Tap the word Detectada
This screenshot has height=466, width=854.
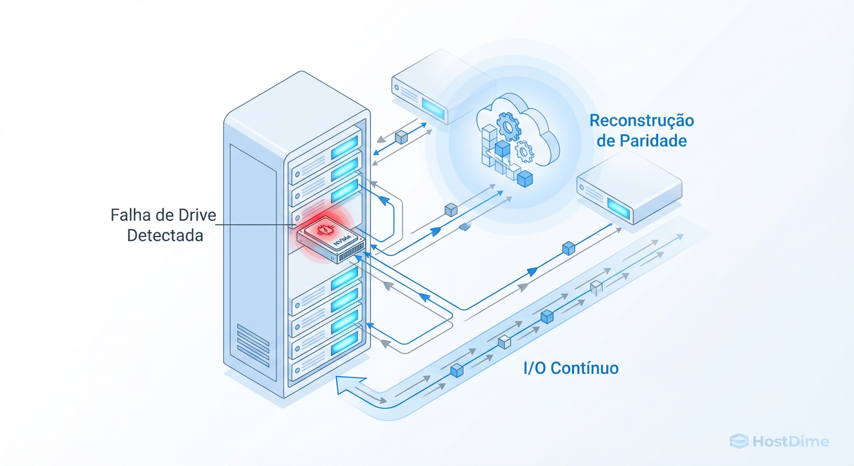pyautogui.click(x=165, y=236)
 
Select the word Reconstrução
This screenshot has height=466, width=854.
pyautogui.click(x=642, y=120)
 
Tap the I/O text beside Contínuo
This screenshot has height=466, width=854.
pyautogui.click(x=536, y=368)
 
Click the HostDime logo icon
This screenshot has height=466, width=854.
pyautogui.click(x=738, y=441)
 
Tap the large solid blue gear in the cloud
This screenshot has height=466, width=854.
pyautogui.click(x=508, y=126)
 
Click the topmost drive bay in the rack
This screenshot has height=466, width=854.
pyautogui.click(x=326, y=149)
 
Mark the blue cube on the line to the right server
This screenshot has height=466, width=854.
pyautogui.click(x=568, y=248)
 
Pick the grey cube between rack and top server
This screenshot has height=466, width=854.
pyautogui.click(x=400, y=138)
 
